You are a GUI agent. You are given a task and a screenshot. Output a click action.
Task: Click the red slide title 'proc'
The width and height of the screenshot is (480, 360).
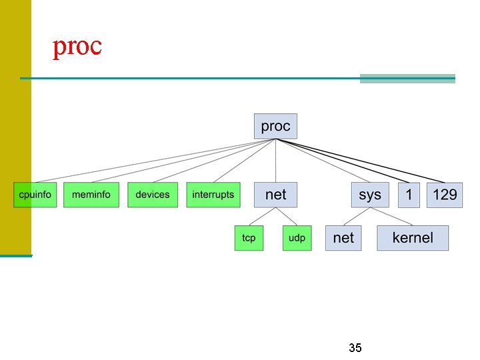(x=77, y=46)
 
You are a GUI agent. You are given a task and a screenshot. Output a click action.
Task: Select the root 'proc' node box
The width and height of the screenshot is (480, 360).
(x=275, y=127)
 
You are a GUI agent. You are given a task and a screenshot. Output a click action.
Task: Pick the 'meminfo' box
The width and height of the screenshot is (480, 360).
(x=91, y=195)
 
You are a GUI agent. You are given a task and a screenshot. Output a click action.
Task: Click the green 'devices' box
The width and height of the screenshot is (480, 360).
(x=153, y=195)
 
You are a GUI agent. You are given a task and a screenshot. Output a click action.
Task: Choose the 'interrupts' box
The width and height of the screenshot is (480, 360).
(x=213, y=195)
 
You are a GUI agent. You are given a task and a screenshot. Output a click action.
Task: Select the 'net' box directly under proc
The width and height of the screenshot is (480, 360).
(x=275, y=195)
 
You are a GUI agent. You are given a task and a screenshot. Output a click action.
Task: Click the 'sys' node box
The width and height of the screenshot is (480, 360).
(x=370, y=195)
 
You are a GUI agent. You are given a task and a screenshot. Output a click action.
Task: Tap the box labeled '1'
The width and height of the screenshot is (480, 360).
(x=409, y=195)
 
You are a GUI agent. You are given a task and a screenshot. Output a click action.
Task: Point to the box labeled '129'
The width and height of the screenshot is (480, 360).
(x=445, y=195)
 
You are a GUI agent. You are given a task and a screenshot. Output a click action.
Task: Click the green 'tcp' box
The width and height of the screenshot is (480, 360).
(x=249, y=238)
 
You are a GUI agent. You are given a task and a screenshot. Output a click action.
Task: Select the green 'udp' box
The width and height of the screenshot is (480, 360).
(x=297, y=238)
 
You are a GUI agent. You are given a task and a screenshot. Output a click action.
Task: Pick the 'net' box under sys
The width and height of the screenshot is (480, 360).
(x=343, y=238)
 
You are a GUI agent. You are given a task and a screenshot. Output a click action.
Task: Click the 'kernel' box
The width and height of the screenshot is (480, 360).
(x=413, y=238)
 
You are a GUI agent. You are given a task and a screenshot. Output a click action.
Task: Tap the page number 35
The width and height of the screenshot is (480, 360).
(x=355, y=348)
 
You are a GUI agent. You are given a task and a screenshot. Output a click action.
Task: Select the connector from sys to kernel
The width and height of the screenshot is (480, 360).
(x=392, y=216)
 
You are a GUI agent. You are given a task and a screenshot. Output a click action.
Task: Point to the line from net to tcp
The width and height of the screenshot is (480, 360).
(x=261, y=216)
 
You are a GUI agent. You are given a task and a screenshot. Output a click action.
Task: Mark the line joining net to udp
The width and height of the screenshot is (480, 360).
(x=287, y=216)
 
